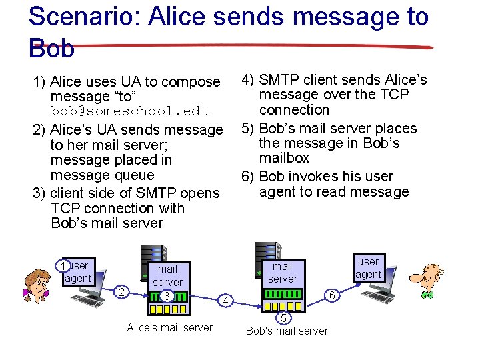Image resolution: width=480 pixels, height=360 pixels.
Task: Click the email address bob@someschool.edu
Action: pos(129,111)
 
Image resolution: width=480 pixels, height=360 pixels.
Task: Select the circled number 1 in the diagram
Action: pos(63,265)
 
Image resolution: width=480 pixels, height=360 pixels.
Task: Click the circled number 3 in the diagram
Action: pos(167,295)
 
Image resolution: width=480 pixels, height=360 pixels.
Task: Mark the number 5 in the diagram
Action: pos(283,317)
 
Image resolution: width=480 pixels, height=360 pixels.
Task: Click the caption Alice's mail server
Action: pos(169,327)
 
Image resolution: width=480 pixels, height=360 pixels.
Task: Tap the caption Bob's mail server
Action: pos(287,331)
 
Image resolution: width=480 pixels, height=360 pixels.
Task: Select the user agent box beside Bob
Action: pos(368,268)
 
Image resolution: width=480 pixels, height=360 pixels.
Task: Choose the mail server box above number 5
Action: pos(283,273)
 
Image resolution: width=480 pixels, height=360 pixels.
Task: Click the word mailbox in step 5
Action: pos(285,158)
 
